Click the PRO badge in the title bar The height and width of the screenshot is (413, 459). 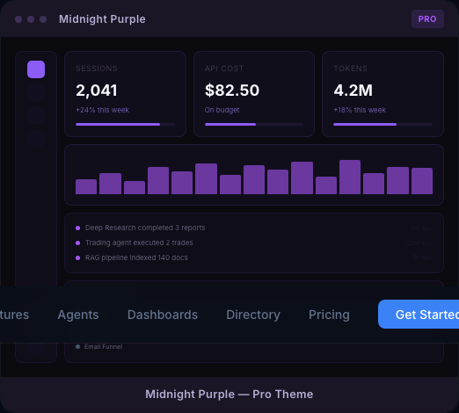click(x=427, y=18)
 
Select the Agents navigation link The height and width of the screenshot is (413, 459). click(x=78, y=315)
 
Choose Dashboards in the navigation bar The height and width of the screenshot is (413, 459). click(x=163, y=315)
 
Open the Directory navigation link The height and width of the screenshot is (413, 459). click(x=253, y=315)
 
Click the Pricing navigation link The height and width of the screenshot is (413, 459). click(x=329, y=315)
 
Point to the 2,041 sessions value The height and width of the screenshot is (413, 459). click(x=97, y=90)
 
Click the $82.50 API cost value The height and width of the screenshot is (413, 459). click(x=232, y=90)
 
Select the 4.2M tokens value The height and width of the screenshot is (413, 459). click(x=353, y=90)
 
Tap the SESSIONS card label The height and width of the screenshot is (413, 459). click(x=97, y=69)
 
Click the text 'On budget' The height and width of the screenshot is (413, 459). click(x=222, y=110)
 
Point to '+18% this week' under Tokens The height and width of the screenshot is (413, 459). click(x=360, y=110)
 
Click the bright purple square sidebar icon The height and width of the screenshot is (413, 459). click(x=36, y=69)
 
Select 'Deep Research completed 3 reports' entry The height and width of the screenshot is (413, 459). click(x=145, y=228)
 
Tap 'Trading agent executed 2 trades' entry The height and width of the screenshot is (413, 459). click(x=139, y=243)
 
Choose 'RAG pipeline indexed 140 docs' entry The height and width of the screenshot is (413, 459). click(x=136, y=257)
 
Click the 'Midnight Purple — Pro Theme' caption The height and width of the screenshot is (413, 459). click(x=229, y=394)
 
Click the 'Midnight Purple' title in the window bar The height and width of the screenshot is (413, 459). click(x=102, y=18)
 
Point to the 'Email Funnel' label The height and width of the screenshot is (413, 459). click(x=103, y=347)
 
